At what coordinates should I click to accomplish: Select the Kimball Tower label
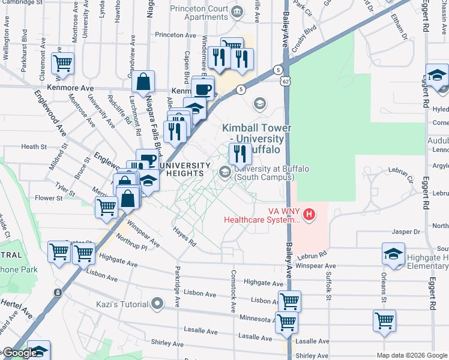[256, 128]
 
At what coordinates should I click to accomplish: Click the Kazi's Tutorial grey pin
[157, 303]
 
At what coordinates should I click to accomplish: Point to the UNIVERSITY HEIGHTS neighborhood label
[185, 169]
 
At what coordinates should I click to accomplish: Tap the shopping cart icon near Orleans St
[384, 320]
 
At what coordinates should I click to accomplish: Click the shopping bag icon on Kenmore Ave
[143, 82]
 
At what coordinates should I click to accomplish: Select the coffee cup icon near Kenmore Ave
[203, 89]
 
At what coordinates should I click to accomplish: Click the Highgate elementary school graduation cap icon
[393, 254]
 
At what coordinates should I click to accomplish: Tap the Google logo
[20, 353]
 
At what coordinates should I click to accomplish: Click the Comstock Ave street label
[233, 290]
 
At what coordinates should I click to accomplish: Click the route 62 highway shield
[286, 80]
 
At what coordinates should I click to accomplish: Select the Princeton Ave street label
[175, 35]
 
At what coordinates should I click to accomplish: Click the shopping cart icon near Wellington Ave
[62, 62]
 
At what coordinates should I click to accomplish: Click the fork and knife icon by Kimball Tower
[240, 154]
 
